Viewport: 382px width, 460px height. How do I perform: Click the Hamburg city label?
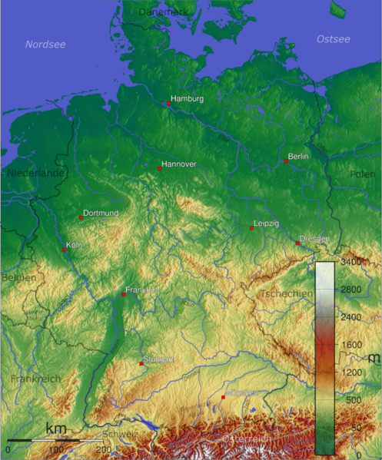point(188,99)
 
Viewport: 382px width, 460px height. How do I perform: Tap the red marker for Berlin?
point(286,161)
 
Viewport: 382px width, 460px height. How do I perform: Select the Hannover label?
point(180,164)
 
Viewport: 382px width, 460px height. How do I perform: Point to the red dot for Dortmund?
point(81,217)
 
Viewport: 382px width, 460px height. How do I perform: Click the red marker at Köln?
point(65,250)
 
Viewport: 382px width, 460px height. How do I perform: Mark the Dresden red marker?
point(297,243)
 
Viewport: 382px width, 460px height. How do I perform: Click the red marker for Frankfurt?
point(124,294)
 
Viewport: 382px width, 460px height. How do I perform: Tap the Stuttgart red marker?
point(141,363)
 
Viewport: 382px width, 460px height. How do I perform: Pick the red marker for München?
point(224,397)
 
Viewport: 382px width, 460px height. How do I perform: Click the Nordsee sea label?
point(45,45)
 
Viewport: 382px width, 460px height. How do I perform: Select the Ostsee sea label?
point(334,38)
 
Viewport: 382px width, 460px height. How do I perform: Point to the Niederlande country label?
point(37,174)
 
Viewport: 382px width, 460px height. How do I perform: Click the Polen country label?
point(363,174)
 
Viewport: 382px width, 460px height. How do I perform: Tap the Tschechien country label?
point(287,294)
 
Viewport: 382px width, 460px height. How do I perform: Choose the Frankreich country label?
point(35,379)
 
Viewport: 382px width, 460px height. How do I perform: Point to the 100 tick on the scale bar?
point(56,448)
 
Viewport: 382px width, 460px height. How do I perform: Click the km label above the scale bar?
point(55,428)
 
